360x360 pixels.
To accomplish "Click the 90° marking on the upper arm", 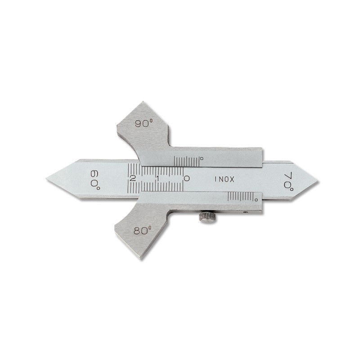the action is tap(144, 123).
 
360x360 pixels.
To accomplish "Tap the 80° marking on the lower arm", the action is tap(143, 230).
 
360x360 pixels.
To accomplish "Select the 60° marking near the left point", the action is tap(95, 180).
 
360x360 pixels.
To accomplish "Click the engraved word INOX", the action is tap(225, 179).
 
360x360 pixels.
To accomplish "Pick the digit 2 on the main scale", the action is tap(132, 178).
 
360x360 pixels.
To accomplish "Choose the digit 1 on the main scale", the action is tap(157, 178).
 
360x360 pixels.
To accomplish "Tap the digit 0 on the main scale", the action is tap(187, 178).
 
